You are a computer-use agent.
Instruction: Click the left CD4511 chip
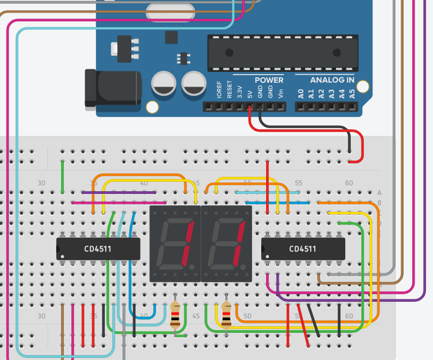[x=98, y=248]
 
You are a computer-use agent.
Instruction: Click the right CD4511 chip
[x=302, y=248]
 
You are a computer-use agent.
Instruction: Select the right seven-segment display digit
[x=226, y=243]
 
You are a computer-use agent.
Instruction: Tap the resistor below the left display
[x=175, y=315]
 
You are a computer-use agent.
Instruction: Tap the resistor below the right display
[x=226, y=315]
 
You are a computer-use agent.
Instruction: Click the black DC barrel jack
[x=109, y=87]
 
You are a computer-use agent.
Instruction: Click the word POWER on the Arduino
[x=269, y=80]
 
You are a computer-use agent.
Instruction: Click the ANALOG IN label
[x=332, y=80]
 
